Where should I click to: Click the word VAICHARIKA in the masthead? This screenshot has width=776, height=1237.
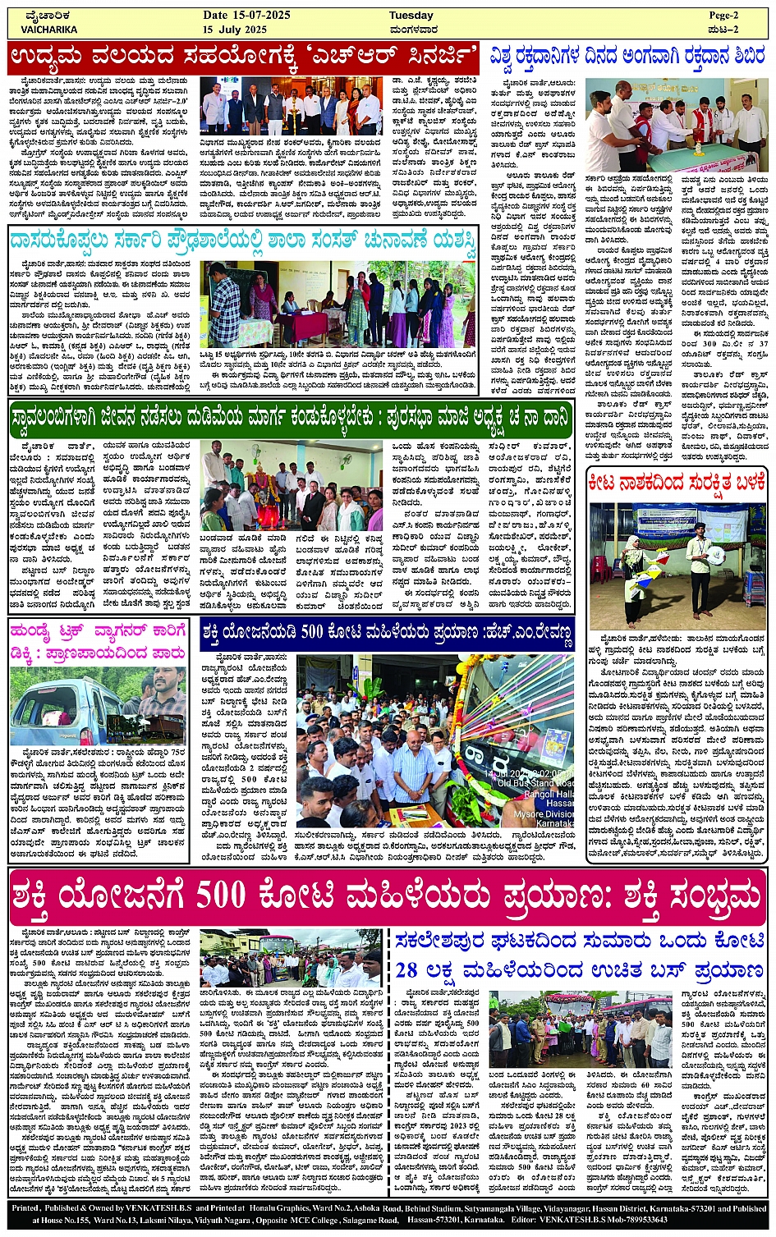[x=48, y=30]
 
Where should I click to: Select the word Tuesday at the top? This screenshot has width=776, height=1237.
[x=411, y=16]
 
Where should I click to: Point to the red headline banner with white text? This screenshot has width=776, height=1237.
[x=244, y=57]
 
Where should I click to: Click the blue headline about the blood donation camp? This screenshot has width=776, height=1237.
[x=627, y=57]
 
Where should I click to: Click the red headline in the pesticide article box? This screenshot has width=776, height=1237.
[x=677, y=483]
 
